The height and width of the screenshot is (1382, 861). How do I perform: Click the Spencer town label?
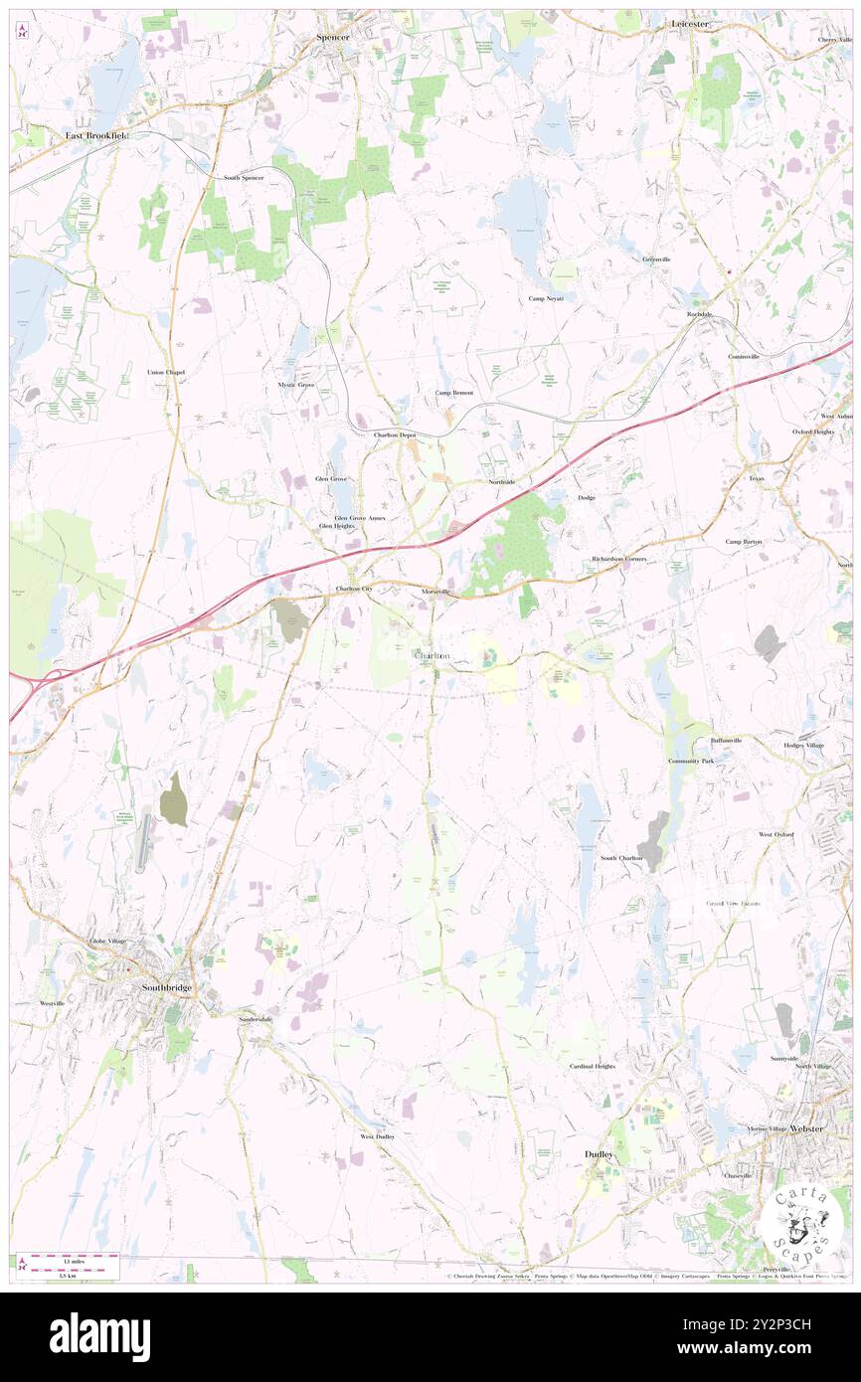click(x=333, y=36)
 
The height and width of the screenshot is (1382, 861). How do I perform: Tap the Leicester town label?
click(x=689, y=22)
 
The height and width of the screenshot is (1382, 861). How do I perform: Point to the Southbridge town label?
click(x=166, y=987)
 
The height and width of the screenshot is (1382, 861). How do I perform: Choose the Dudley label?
click(x=599, y=1154)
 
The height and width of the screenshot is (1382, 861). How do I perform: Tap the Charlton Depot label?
click(x=395, y=435)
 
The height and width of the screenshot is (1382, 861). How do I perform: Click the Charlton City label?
click(x=354, y=590)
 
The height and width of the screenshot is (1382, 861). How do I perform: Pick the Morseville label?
click(x=435, y=592)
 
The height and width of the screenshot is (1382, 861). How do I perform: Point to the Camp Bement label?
click(x=454, y=393)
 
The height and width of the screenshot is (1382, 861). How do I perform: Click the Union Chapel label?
click(x=166, y=372)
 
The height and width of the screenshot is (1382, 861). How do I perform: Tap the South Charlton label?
click(x=621, y=858)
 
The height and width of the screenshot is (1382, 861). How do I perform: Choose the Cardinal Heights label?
click(x=592, y=1066)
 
